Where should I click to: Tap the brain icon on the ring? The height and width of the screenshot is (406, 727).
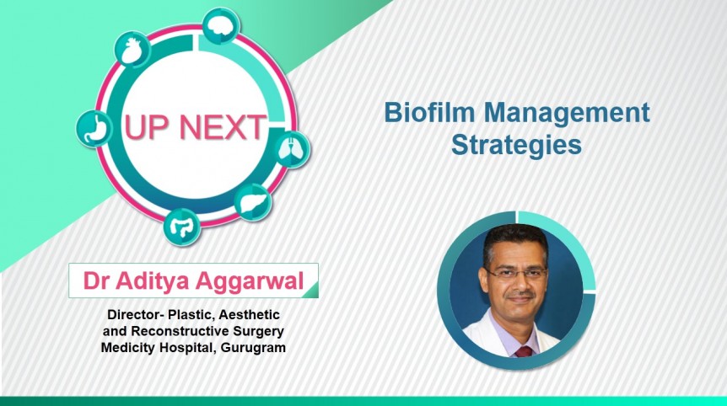[x=220, y=27]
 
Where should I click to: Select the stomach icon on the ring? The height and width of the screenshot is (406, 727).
[x=94, y=129]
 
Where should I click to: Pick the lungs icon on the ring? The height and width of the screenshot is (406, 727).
[x=291, y=150]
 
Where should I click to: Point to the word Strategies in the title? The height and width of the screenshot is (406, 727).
[x=516, y=145]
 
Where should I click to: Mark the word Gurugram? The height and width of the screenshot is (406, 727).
[x=250, y=346]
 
